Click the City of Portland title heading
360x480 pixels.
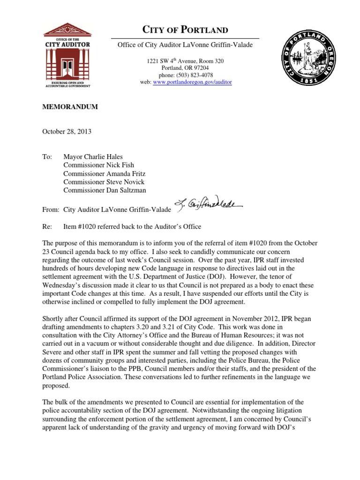point(185,30)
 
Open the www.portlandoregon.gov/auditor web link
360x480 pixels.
point(193,82)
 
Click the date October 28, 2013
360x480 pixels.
point(67,132)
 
